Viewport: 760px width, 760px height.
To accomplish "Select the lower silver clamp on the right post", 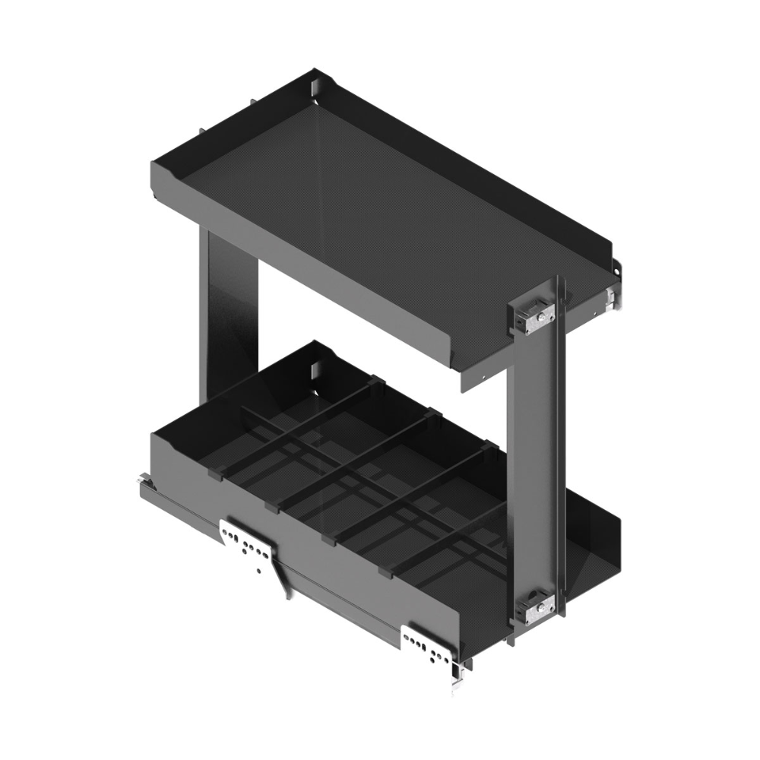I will pos(537,607).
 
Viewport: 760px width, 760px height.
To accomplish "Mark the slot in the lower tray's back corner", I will pos(314,372).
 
